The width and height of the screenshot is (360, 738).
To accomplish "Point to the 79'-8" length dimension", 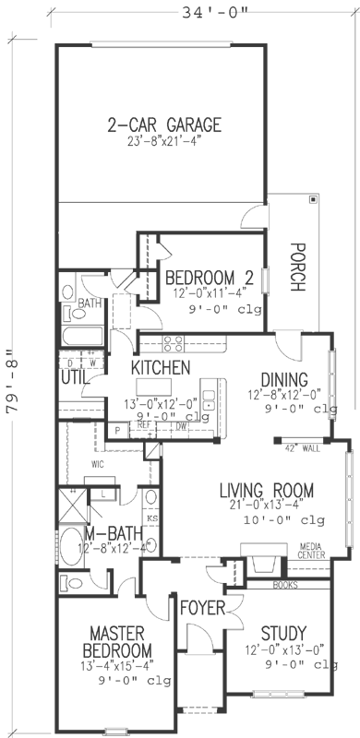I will (13, 383).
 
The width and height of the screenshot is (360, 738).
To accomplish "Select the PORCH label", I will (296, 267).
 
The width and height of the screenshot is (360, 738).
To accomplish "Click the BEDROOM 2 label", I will (210, 277).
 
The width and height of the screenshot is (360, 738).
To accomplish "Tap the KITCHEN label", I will (161, 368).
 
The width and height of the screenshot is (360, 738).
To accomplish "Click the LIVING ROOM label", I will (267, 490).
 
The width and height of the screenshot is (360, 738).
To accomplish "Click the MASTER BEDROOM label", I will (121, 641).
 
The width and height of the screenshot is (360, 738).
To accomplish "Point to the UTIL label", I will (75, 377).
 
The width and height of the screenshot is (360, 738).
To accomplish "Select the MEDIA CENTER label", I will (313, 553).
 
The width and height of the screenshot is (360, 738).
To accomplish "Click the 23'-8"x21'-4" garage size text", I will (164, 142).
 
